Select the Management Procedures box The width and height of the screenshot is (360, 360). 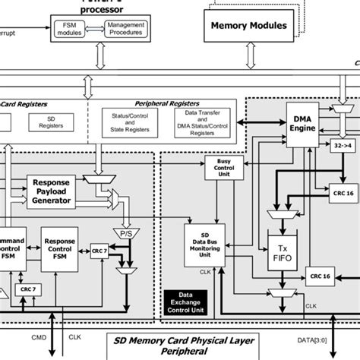(125, 28)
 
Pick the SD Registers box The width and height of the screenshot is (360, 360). (45, 122)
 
